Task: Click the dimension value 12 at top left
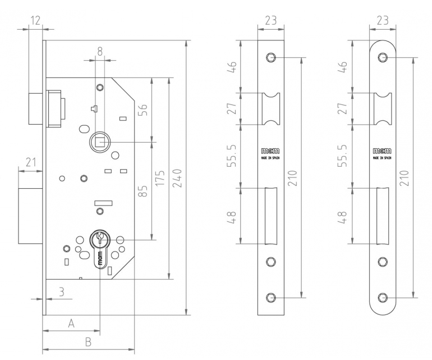tap(36, 20)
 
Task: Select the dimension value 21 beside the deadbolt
tap(31, 163)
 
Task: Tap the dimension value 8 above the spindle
tap(100, 51)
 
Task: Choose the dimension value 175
tap(161, 177)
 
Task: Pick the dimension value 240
tap(178, 177)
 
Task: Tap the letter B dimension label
tap(88, 341)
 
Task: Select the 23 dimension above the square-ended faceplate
tap(271, 21)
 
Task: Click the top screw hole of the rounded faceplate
tap(383, 57)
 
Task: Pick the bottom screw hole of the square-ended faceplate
tap(272, 298)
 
